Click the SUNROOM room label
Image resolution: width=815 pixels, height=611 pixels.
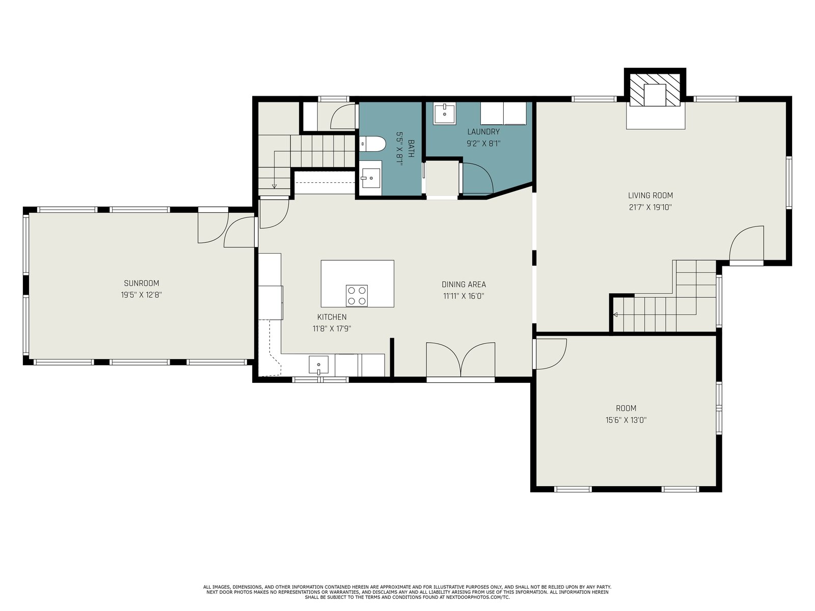142,283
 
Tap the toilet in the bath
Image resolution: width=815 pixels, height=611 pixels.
372,144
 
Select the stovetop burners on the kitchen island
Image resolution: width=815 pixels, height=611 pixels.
357,295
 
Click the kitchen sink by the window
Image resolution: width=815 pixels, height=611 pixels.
318,365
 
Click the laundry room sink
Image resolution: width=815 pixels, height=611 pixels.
445,114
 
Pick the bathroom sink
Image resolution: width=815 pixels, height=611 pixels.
371,178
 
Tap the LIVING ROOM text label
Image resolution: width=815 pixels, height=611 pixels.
650,196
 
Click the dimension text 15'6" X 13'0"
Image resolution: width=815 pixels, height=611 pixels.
626,420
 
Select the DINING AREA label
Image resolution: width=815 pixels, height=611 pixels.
464,285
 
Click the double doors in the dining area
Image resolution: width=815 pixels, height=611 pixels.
460,359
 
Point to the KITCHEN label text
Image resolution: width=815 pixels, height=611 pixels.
332,317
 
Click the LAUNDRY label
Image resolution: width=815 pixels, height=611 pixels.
483,132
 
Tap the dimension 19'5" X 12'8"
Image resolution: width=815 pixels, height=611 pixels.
142,295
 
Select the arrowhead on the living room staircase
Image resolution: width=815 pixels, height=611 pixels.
615,315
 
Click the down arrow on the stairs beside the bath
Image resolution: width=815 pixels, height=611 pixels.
275,185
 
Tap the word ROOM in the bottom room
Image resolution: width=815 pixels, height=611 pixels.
626,408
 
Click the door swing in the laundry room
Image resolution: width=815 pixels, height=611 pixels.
477,178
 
